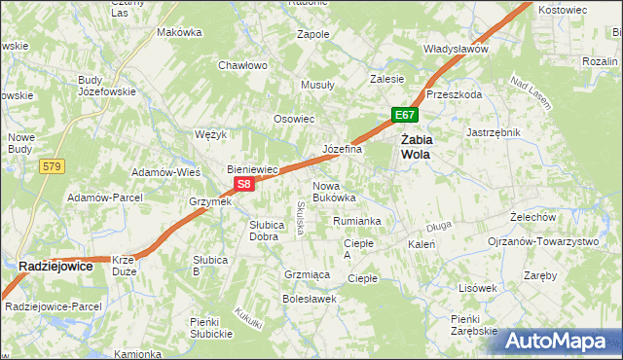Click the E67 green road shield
click(406, 116)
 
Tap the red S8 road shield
click(244, 183)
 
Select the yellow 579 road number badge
click(53, 168)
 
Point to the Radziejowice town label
click(62, 265)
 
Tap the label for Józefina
click(342, 150)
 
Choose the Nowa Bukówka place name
click(334, 191)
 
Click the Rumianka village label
click(356, 222)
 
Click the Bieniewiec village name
click(253, 168)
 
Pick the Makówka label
click(179, 32)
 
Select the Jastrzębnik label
click(494, 132)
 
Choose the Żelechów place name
click(532, 217)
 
